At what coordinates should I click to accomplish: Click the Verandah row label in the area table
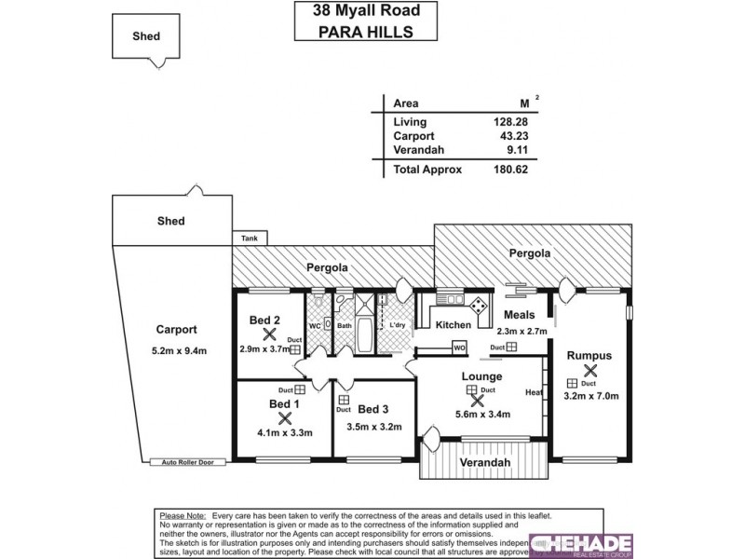(417, 150)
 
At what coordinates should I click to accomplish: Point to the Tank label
(250, 239)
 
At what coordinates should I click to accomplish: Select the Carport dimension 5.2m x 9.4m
(177, 350)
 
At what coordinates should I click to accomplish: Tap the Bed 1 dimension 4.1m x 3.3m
(285, 432)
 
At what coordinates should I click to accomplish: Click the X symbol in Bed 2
(270, 334)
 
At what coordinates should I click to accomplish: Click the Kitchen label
(454, 325)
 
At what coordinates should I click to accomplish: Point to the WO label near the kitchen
(459, 348)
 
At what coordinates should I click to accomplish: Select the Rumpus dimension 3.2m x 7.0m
(590, 396)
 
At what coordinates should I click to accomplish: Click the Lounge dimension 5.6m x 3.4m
(481, 415)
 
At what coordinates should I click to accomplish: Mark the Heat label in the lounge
(534, 392)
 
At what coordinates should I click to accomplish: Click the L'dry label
(398, 324)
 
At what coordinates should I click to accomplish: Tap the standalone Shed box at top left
(146, 36)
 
